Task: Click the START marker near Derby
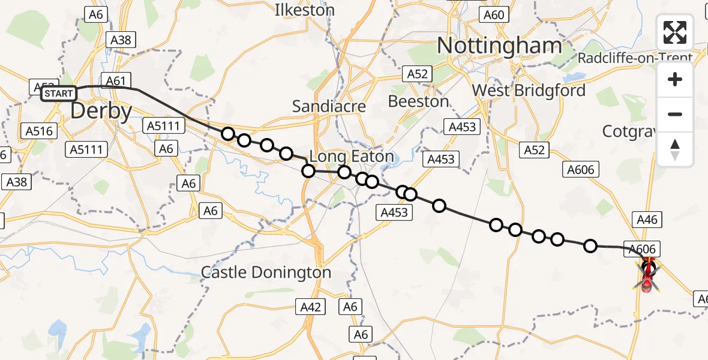(x=58, y=94)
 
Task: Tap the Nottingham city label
(x=499, y=46)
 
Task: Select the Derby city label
(x=101, y=112)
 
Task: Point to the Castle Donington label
(x=266, y=272)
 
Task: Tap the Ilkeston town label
(x=304, y=10)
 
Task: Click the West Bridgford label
(x=529, y=91)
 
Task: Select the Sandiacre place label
(x=329, y=106)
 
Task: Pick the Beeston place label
(x=418, y=101)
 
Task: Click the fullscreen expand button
(x=674, y=32)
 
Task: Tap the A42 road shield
(x=311, y=307)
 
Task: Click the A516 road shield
(x=40, y=131)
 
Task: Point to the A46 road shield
(x=647, y=220)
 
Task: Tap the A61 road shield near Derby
(x=116, y=80)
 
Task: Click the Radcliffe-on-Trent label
(x=635, y=58)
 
